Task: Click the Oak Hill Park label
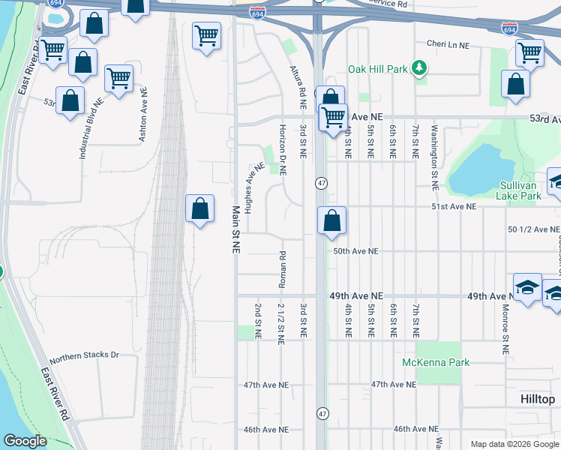point(378,69)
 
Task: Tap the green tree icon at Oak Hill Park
point(420,69)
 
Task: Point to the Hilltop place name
point(538,400)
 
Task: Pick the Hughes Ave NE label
point(256,186)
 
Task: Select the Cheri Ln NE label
point(447,45)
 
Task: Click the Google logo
point(25,441)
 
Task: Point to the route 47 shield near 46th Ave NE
point(322,413)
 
